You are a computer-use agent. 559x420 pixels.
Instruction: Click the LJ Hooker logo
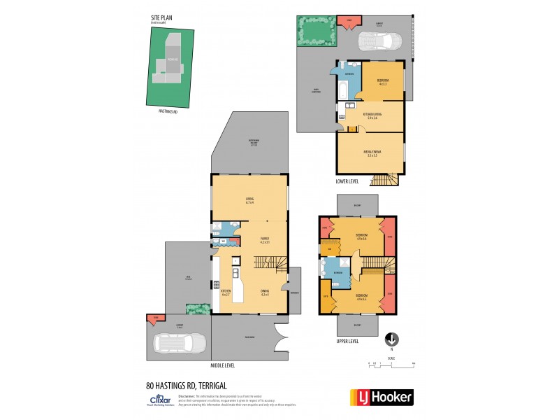tap(381, 398)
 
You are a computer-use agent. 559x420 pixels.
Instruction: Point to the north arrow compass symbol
tap(392, 339)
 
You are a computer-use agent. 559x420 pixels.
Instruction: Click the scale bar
tap(391, 364)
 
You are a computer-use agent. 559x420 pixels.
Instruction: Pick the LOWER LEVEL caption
tap(347, 181)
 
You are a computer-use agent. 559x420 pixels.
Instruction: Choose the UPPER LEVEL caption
tap(347, 341)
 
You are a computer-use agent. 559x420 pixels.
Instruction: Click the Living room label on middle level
tap(249, 200)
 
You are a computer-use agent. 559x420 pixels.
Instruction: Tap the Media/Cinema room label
tap(371, 153)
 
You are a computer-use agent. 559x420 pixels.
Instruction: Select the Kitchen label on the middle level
tap(226, 292)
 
